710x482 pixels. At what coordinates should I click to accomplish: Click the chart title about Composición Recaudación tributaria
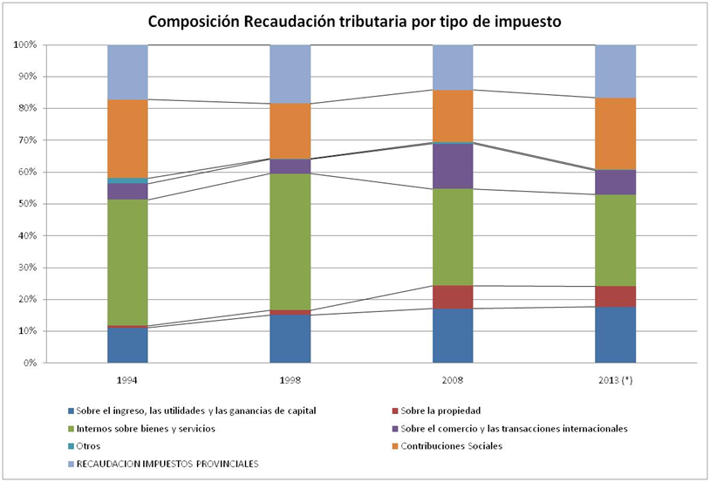pos(355,21)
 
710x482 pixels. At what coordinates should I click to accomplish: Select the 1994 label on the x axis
pos(127,380)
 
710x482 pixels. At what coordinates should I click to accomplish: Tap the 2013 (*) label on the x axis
pos(615,380)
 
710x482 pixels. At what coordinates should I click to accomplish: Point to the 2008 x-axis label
pos(453,380)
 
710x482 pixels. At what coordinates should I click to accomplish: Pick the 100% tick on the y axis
pos(23,44)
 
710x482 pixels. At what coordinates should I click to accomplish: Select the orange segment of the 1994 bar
pos(127,139)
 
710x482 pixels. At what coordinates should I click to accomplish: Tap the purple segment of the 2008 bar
pos(453,166)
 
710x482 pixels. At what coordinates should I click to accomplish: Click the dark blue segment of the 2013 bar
pos(615,335)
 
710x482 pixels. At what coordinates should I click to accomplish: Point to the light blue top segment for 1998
pos(290,73)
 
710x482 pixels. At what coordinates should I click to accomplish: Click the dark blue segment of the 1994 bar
pos(127,345)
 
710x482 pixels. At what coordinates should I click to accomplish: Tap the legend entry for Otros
pos(88,445)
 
